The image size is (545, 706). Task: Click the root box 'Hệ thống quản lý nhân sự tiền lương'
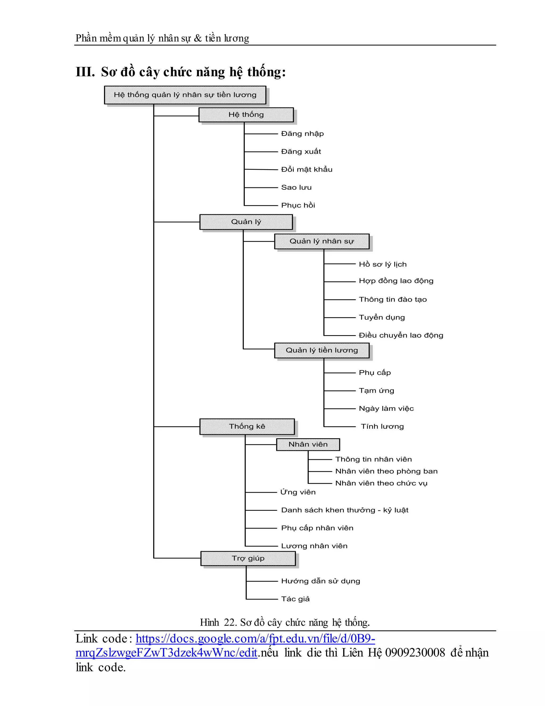tap(185, 95)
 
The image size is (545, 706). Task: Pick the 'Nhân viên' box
tap(308, 444)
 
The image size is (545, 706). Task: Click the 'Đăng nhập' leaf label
tap(302, 133)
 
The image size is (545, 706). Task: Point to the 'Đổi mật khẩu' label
tap(307, 169)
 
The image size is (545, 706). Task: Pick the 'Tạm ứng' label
tap(377, 391)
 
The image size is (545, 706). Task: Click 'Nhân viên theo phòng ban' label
tap(386, 471)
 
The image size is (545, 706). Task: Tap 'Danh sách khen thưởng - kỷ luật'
tap(345, 510)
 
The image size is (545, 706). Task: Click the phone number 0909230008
tap(415, 653)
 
